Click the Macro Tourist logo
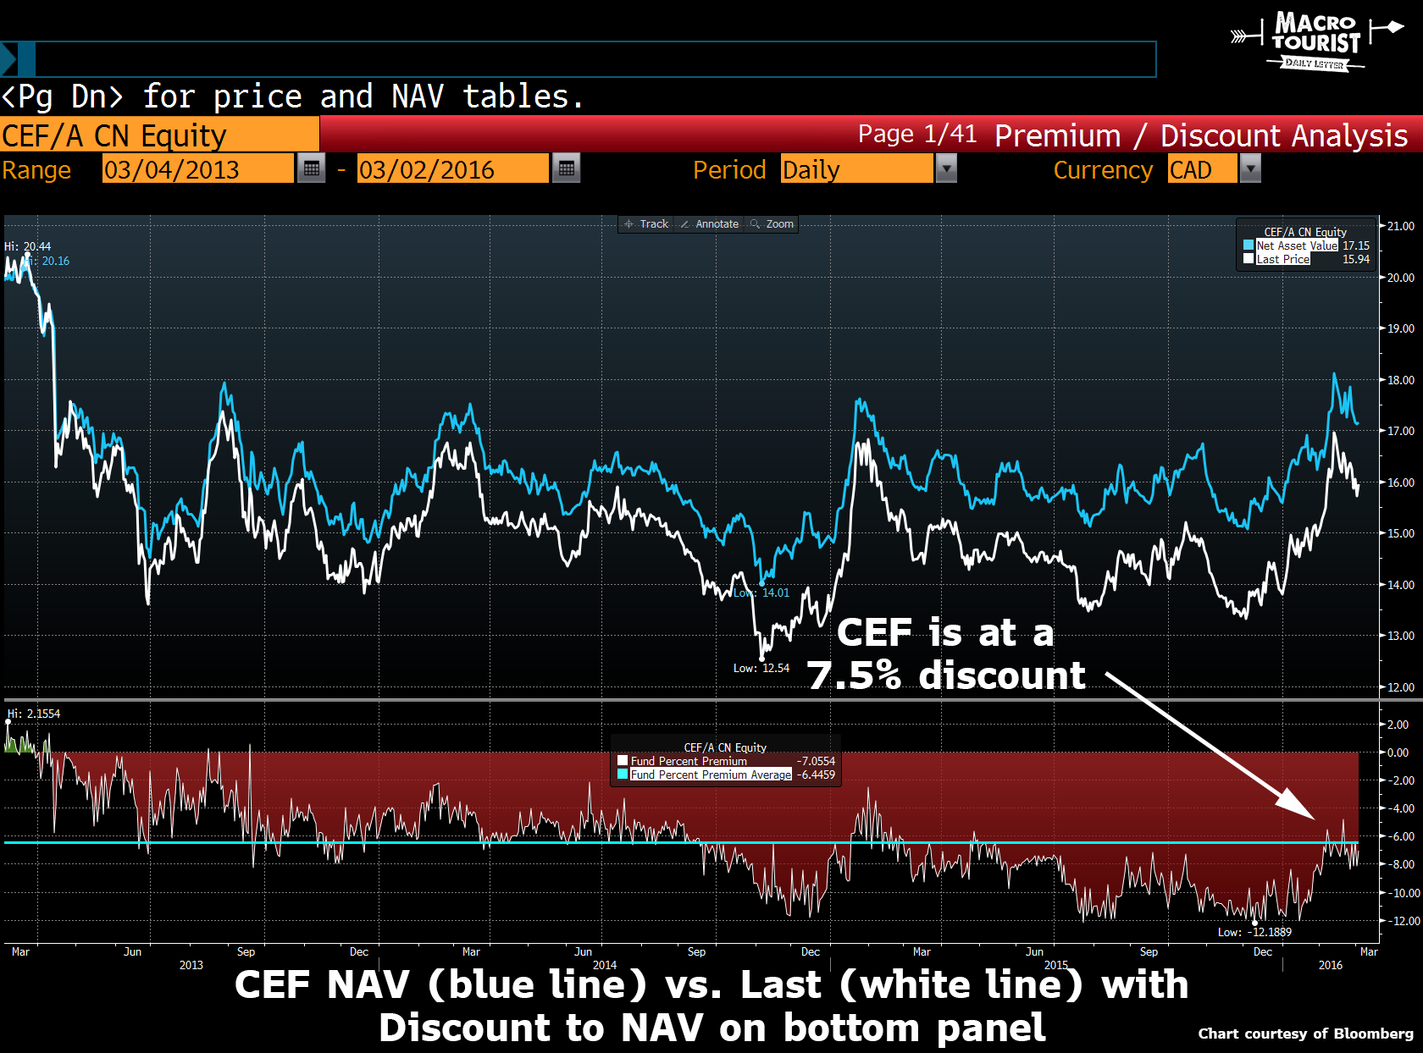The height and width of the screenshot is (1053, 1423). [1315, 40]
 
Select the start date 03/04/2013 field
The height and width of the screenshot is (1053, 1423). [197, 169]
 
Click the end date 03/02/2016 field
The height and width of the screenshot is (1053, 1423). [452, 169]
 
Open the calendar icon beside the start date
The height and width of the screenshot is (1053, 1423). [312, 168]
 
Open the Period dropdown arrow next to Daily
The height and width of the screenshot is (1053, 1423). [945, 168]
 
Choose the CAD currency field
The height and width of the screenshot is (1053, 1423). [1201, 169]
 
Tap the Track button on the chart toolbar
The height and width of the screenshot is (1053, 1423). [646, 224]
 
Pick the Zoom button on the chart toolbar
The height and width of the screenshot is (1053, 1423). [772, 224]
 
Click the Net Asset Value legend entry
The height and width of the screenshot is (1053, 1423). [1296, 245]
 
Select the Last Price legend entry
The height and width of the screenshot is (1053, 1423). [1282, 259]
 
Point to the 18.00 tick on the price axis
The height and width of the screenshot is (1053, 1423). [1400, 380]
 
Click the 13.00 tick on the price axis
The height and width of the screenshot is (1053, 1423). [1400, 636]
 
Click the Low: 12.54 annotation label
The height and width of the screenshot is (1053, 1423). [761, 668]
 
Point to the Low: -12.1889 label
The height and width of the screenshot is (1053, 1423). [1254, 932]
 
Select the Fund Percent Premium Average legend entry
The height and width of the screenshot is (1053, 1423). [711, 775]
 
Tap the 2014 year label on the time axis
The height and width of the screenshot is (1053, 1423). [604, 965]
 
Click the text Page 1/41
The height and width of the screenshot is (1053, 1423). [916, 134]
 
